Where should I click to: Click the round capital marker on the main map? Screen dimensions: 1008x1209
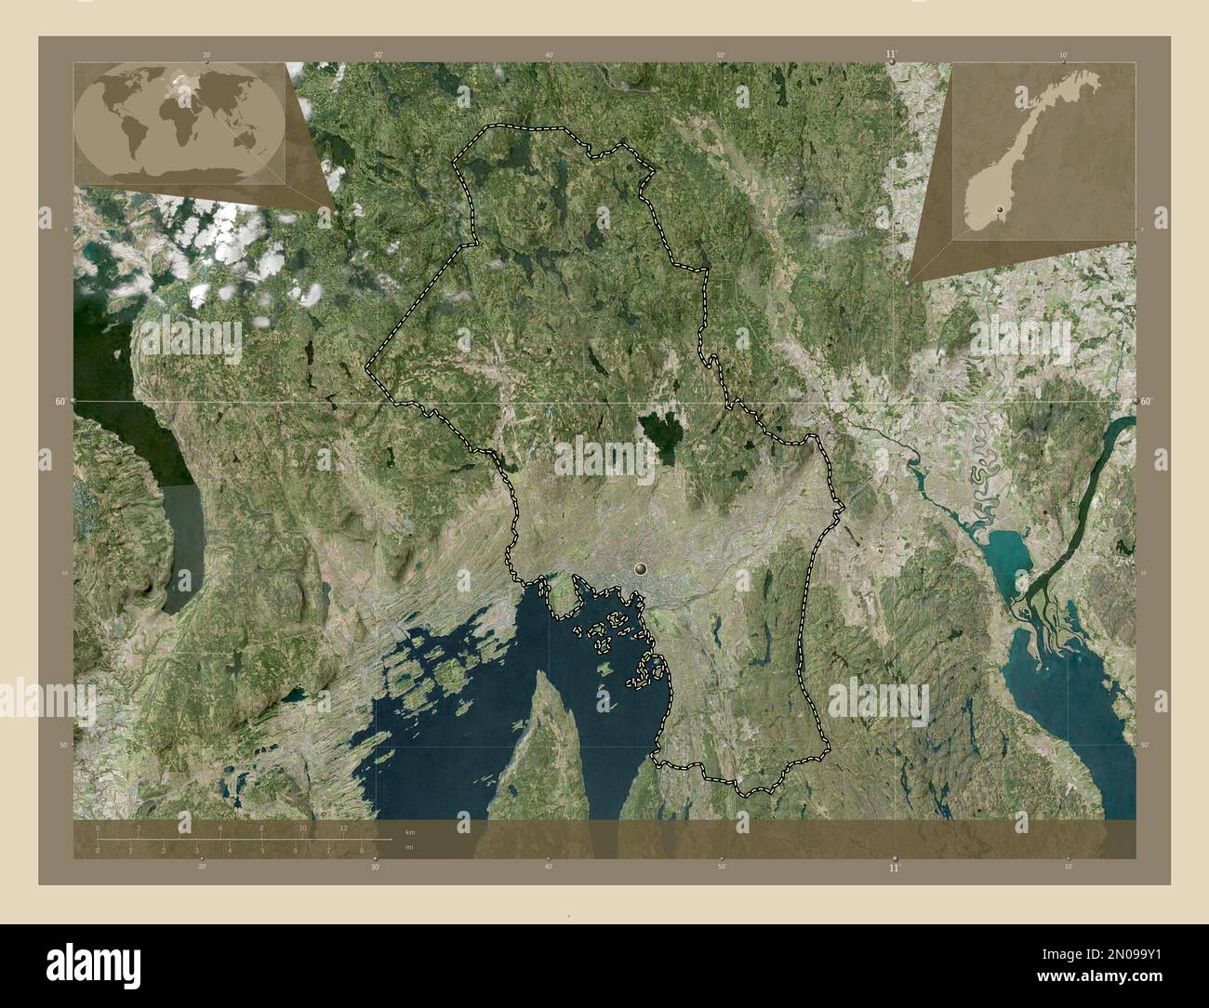641,566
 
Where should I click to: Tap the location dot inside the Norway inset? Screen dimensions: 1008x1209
999,210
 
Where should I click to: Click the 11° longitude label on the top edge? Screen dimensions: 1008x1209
892,55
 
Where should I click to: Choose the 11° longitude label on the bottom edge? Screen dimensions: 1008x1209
894,868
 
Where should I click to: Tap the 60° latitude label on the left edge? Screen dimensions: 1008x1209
60,401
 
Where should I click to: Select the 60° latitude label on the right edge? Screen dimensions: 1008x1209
1147,401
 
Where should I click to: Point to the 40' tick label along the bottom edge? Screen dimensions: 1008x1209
548,868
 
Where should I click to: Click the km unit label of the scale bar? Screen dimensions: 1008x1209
410,831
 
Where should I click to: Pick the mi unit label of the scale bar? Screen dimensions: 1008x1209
410,846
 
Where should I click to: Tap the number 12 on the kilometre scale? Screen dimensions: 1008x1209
343,828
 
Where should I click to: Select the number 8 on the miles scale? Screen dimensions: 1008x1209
361,850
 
